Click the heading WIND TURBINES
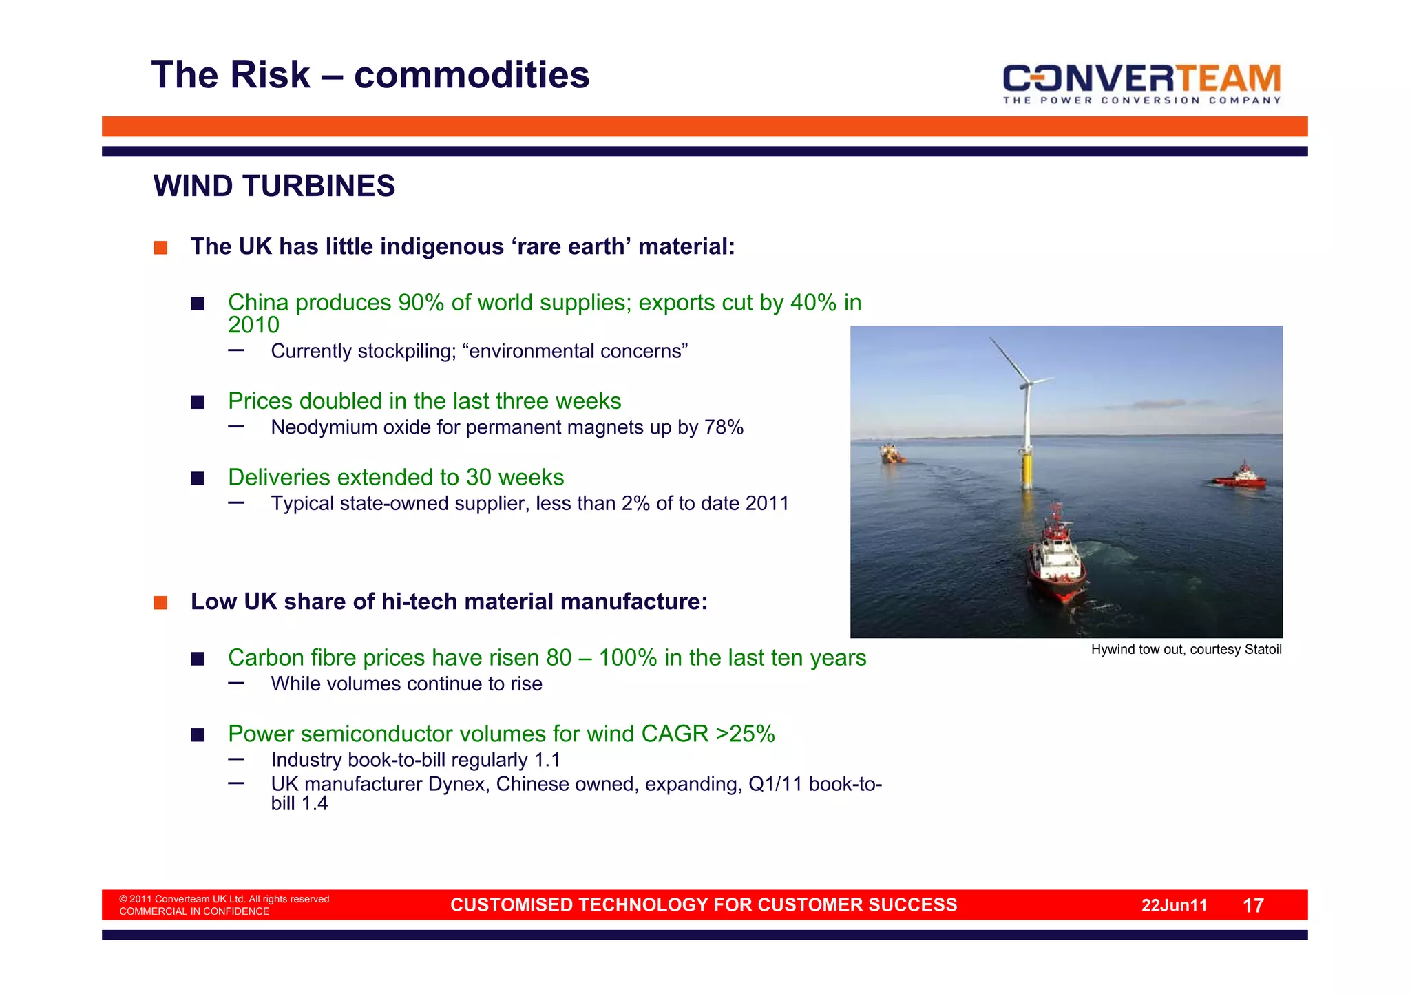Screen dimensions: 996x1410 (x=274, y=187)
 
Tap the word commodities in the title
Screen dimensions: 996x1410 (x=472, y=75)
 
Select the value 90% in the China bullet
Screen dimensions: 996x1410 (x=421, y=303)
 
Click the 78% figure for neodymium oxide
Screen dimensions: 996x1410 (x=724, y=427)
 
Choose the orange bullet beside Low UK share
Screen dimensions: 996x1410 (x=160, y=603)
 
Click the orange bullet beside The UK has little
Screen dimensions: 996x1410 (x=160, y=248)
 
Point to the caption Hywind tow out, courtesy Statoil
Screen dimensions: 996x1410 (x=1186, y=650)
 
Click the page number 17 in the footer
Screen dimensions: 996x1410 (x=1253, y=906)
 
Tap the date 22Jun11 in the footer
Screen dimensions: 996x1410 (x=1174, y=906)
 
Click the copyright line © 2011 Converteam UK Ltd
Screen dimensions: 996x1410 (x=224, y=899)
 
